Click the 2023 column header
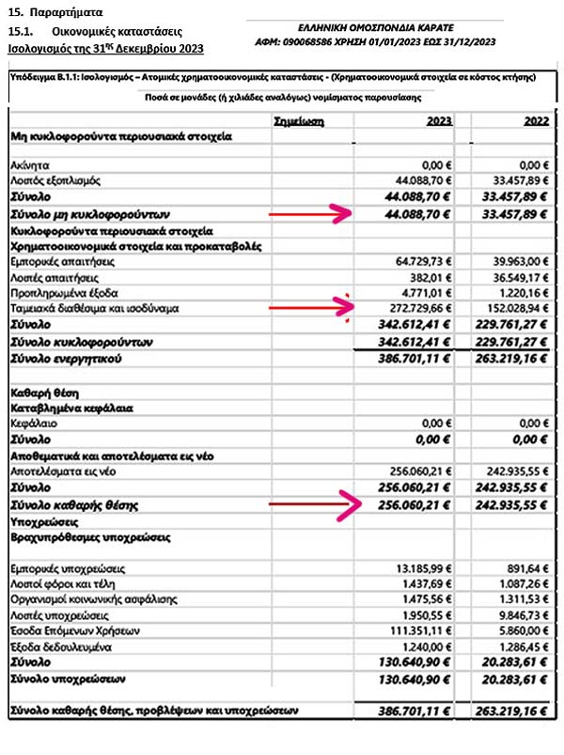437,120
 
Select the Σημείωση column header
297,121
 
